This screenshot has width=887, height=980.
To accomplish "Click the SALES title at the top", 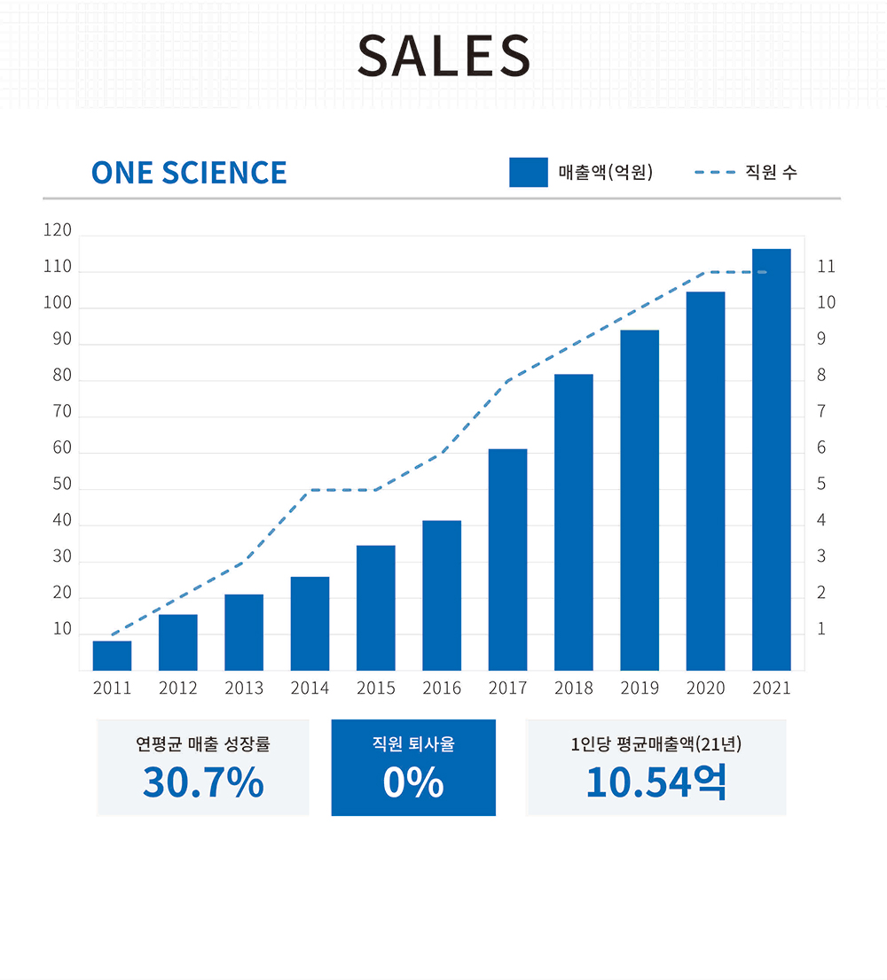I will coord(443,55).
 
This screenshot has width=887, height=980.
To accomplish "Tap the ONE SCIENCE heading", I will coord(189,173).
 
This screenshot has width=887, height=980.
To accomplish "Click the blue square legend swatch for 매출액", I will coord(528,172).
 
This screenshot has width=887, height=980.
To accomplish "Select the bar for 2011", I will coord(112,656).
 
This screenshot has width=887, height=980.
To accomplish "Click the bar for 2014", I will coord(310,624).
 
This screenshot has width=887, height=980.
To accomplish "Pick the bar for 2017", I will coord(507,560).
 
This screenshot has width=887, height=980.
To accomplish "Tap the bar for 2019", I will coord(640,501).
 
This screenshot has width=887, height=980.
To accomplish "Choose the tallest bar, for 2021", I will coord(772,460).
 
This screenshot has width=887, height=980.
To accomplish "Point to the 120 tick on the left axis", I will coord(57,231).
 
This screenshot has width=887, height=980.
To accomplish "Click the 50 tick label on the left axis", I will coord(61,485).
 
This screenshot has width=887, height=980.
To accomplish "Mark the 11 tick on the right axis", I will coord(826,267).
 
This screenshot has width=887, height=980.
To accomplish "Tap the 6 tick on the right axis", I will coord(821,448).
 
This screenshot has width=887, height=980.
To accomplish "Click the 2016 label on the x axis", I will coord(442,688).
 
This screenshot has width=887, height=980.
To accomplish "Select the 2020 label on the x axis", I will coord(705,688).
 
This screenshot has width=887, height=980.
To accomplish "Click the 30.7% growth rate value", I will coord(203,783).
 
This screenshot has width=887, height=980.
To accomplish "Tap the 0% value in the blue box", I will coord(413,783).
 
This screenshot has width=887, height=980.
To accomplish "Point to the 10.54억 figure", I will coord(655,783).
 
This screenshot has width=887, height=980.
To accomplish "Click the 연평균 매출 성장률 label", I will coord(203,744).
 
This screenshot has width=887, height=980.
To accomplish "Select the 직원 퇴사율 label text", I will coord(413,744).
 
